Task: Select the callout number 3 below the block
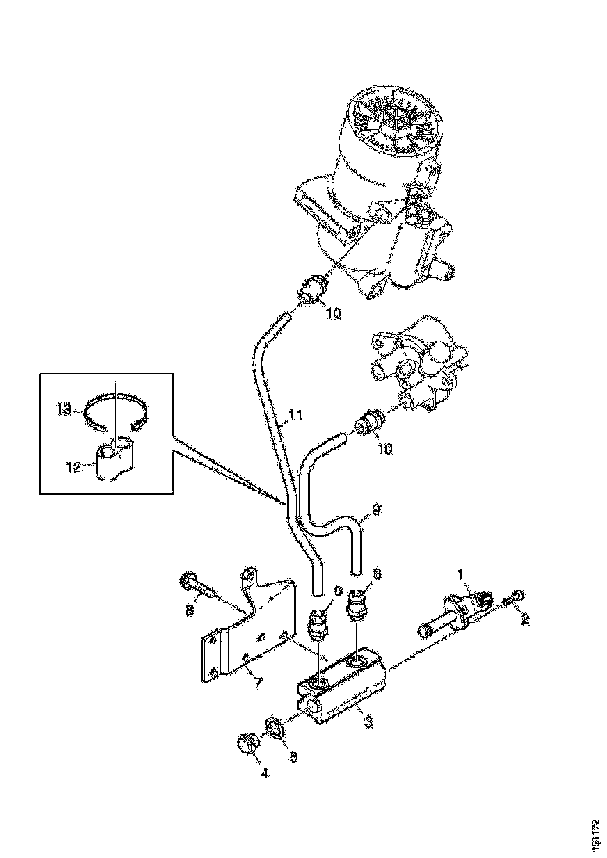click(x=367, y=722)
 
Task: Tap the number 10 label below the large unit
click(x=333, y=314)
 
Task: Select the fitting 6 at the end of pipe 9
click(x=358, y=604)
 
